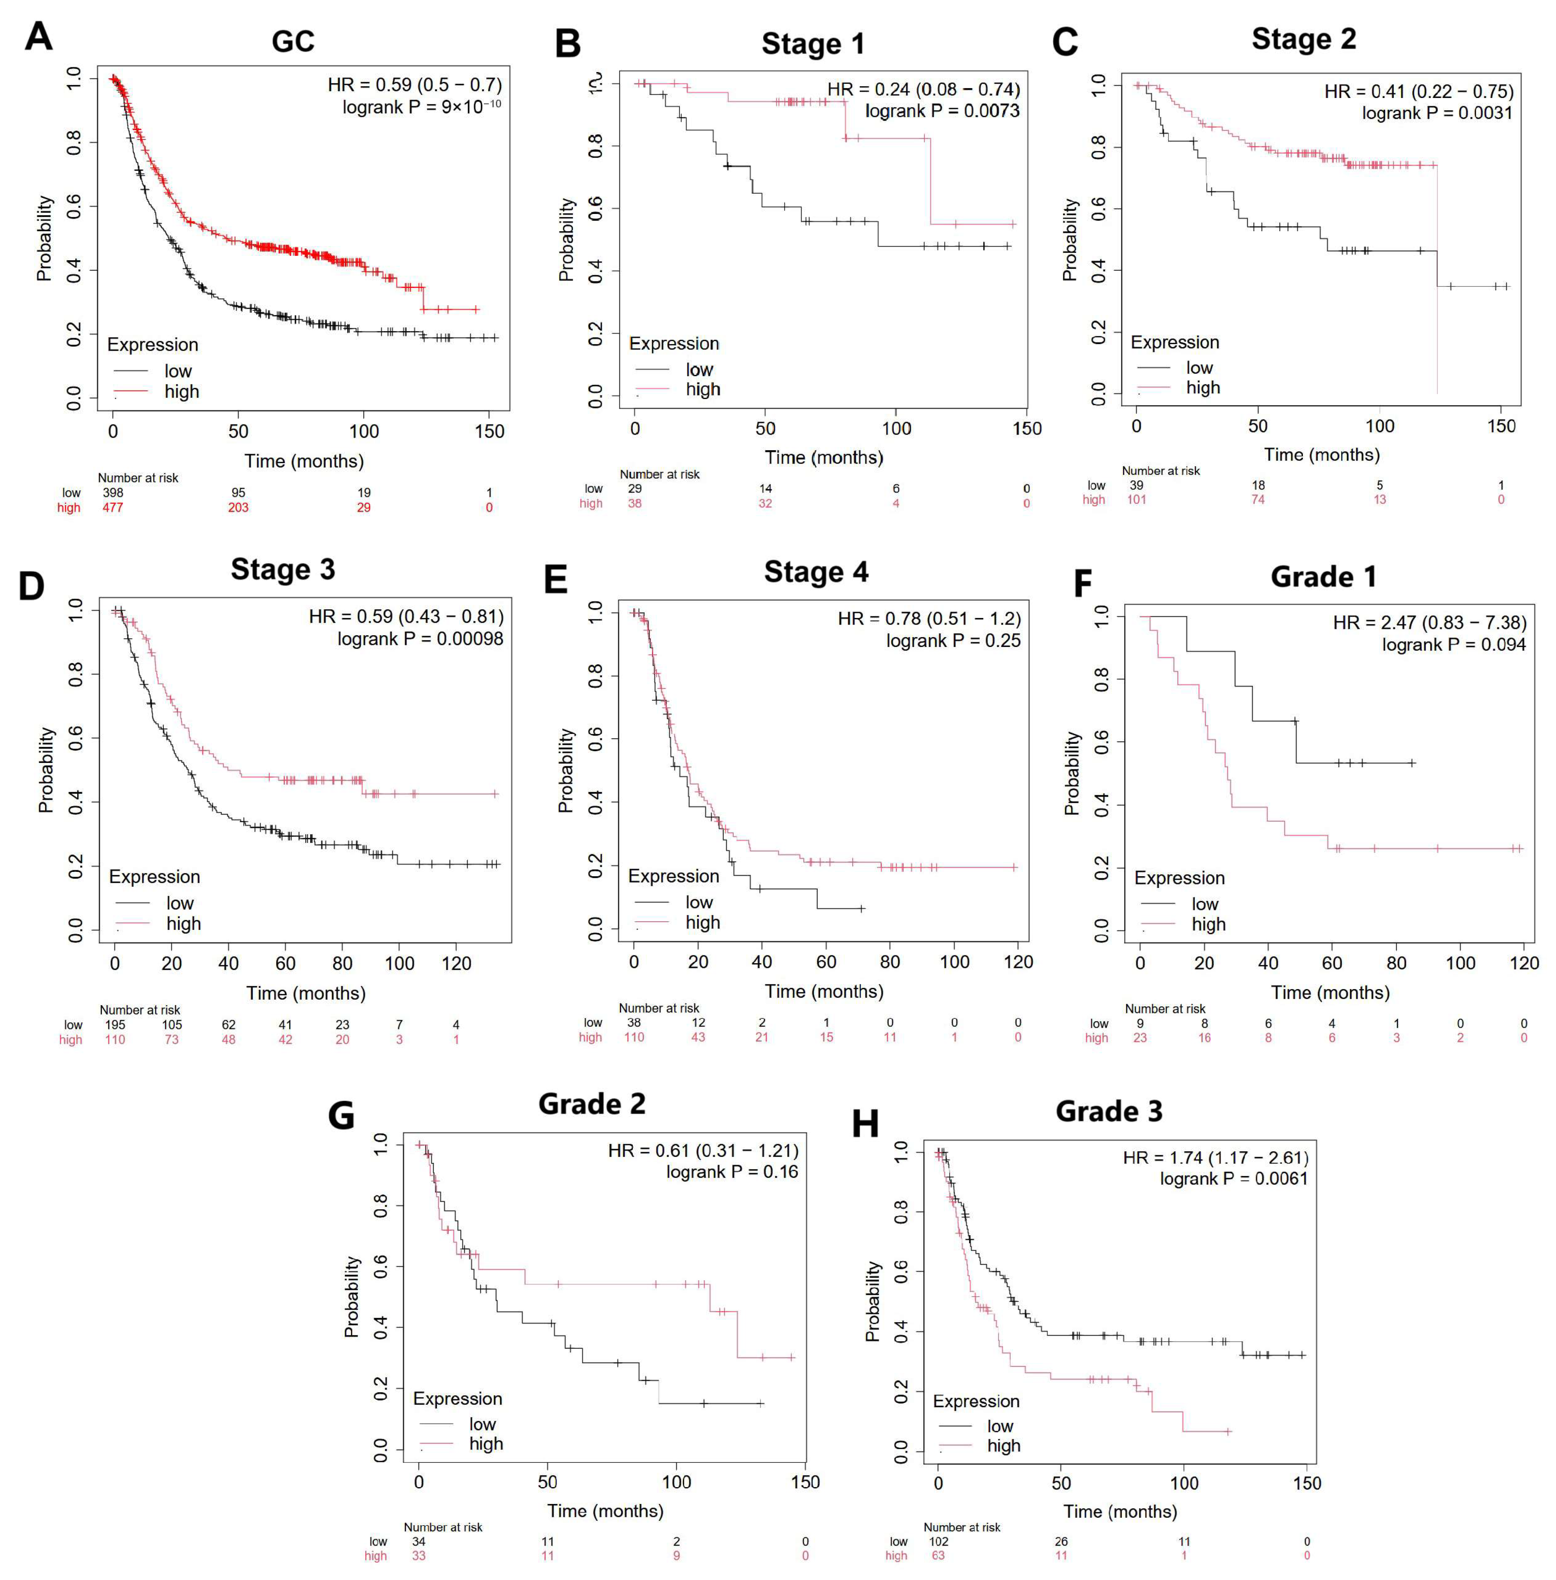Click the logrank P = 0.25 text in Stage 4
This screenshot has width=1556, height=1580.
(953, 641)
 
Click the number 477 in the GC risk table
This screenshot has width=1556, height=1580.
(113, 507)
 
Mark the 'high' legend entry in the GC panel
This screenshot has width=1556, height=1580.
(181, 391)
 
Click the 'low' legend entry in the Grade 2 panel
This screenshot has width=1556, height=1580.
(482, 1425)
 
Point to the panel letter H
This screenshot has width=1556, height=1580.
(866, 1124)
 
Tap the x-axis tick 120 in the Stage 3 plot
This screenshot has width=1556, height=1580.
(456, 964)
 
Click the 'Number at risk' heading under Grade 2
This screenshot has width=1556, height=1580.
(443, 1527)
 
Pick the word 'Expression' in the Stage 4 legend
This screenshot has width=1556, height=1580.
(674, 876)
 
